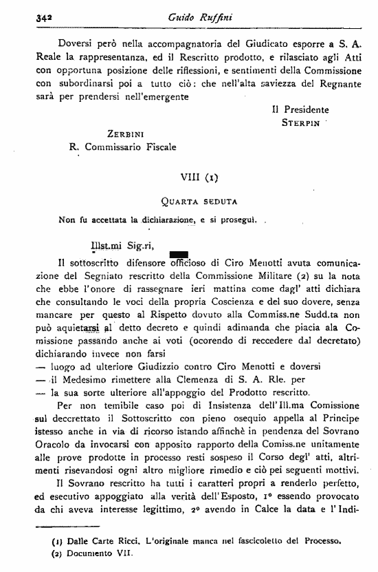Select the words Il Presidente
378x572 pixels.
pyautogui.click(x=300, y=109)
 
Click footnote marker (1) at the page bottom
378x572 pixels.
pyautogui.click(x=58, y=541)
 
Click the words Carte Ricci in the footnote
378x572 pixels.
pyautogui.click(x=113, y=541)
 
